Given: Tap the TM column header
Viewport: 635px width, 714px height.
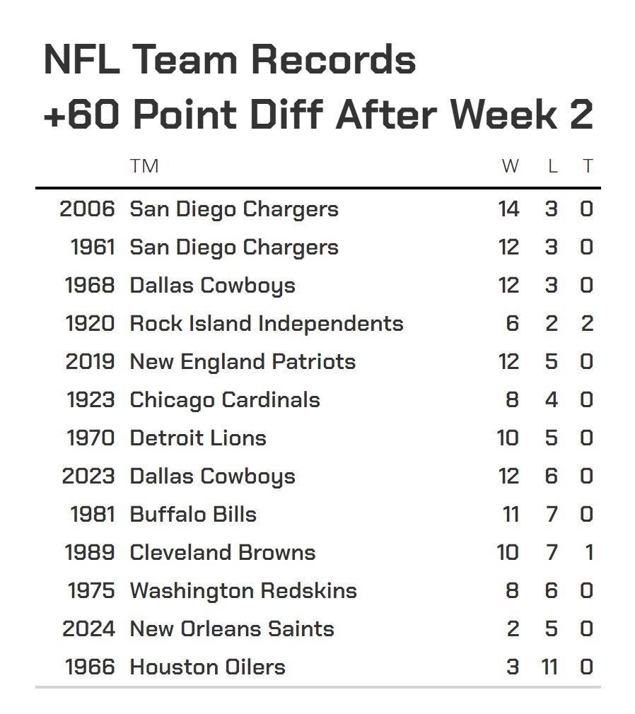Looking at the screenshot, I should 144,166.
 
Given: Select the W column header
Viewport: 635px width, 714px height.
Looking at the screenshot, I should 510,166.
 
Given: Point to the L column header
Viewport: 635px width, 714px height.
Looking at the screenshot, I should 552,166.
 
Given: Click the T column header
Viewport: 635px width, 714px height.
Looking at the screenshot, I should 587,166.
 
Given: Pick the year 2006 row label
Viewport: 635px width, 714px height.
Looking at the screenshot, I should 87,209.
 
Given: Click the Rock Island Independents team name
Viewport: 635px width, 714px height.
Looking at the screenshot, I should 267,324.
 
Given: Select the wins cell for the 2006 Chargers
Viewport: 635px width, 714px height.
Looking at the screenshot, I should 508,209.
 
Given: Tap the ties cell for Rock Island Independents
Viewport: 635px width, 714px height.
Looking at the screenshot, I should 587,324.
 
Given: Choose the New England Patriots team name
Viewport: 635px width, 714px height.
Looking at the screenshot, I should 243,362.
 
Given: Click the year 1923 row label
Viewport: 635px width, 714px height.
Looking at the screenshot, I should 91,400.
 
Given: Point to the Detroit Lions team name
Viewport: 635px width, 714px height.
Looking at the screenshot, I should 198,438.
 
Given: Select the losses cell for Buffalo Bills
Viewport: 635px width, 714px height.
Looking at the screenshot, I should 552,515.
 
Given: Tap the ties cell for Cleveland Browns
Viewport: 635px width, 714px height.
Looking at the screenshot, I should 588,553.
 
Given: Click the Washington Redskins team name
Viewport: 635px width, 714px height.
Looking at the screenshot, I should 243,591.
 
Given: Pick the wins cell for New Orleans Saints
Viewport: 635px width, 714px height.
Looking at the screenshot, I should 513,629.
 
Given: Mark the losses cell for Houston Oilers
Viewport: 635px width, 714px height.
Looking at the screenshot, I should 549,667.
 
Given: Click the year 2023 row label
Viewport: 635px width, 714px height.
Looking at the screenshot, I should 88,476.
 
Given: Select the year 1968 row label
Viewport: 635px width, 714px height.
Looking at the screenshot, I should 90,286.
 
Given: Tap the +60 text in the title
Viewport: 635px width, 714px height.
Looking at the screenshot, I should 83,115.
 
